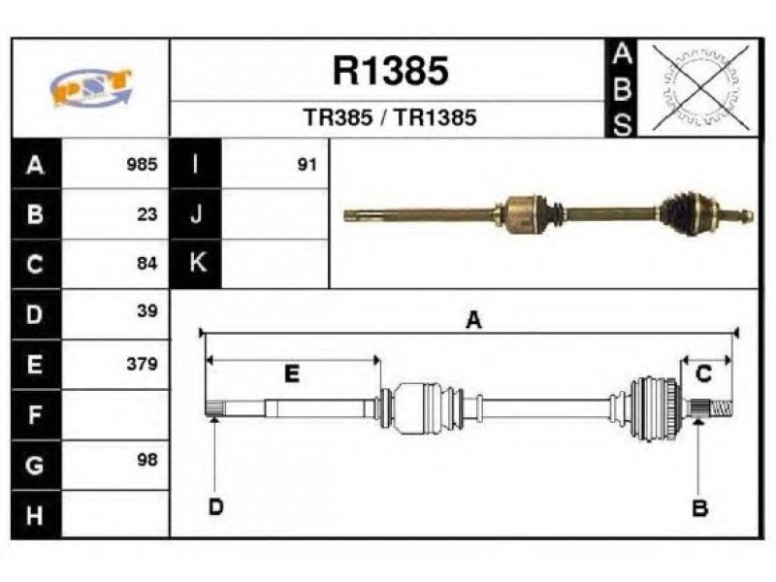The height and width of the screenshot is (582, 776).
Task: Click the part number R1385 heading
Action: (x=391, y=70)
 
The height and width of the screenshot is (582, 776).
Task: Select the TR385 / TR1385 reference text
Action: (x=390, y=117)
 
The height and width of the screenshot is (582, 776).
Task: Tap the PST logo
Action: (x=91, y=87)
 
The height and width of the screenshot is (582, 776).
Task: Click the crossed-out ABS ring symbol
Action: (x=700, y=87)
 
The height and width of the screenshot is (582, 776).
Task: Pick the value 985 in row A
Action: (x=142, y=164)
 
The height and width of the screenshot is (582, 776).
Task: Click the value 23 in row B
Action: (x=147, y=214)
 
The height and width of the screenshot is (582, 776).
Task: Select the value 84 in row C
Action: (x=147, y=263)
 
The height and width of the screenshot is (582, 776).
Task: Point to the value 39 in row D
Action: (x=147, y=310)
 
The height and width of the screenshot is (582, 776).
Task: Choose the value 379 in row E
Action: (x=142, y=364)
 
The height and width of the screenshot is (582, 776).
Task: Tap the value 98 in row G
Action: (x=147, y=460)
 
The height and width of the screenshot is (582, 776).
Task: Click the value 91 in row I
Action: (x=307, y=164)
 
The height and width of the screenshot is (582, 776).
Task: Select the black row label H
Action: (x=35, y=515)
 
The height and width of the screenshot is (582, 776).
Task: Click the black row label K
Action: (x=196, y=263)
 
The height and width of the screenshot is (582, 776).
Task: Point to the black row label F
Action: (x=35, y=415)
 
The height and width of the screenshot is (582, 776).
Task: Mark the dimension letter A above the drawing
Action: (x=473, y=320)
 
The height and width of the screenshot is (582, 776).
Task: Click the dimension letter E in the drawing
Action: (x=292, y=373)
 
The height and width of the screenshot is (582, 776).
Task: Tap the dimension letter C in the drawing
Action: (x=703, y=373)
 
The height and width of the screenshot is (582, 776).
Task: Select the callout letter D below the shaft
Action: (x=215, y=506)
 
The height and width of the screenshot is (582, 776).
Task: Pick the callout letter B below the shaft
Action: (x=699, y=507)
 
